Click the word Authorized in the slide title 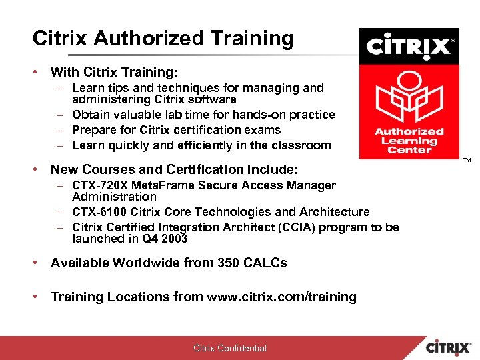pyautogui.click(x=145, y=39)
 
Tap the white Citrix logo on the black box pyautogui.click(x=409, y=46)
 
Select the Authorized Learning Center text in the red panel pyautogui.click(x=409, y=140)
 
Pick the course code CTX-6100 pyautogui.click(x=96, y=212)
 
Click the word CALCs pyautogui.click(x=266, y=263)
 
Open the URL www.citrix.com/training pyautogui.click(x=281, y=297)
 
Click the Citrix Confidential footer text pyautogui.click(x=230, y=348)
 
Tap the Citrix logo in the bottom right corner pyautogui.click(x=451, y=347)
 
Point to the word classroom pyautogui.click(x=301, y=145)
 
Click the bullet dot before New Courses pyautogui.click(x=37, y=170)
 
